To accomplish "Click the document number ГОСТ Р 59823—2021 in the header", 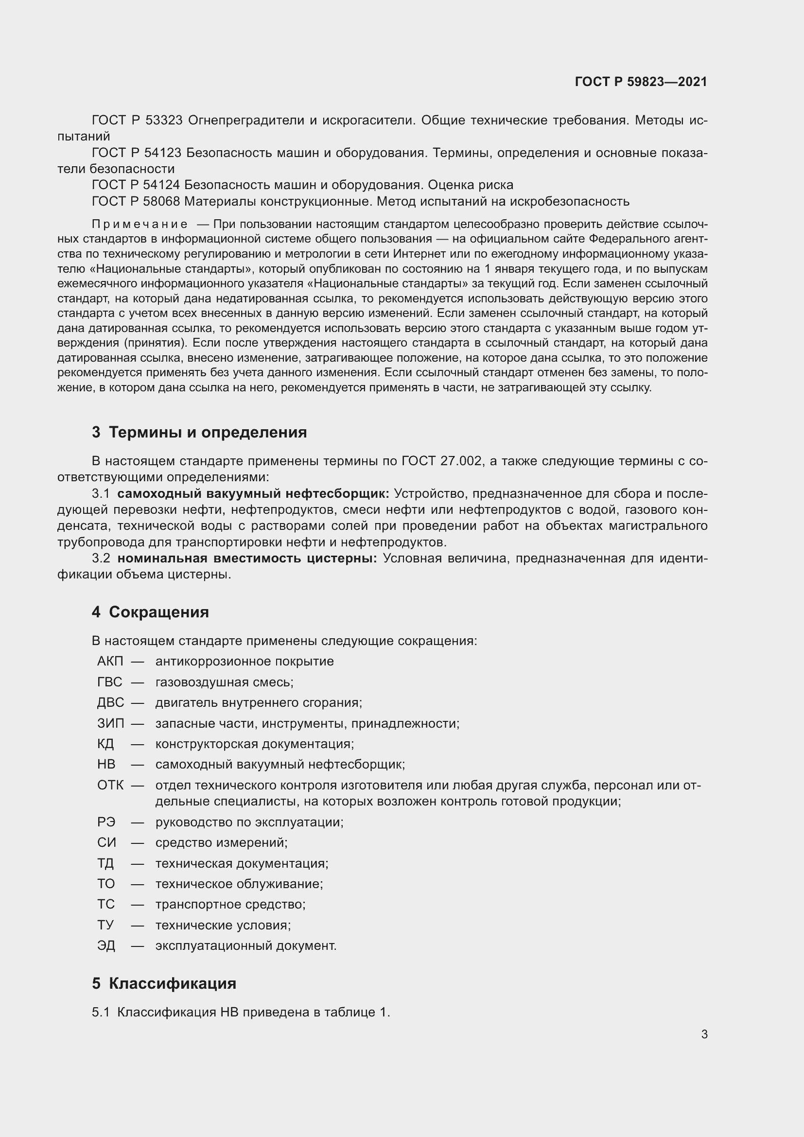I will pyautogui.click(x=641, y=82).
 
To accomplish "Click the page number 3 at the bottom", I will pyautogui.click(x=704, y=1034).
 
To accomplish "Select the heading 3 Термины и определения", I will pyautogui.click(x=199, y=432).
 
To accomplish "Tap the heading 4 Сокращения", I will pyautogui.click(x=150, y=612).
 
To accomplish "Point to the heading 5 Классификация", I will pyautogui.click(x=164, y=983).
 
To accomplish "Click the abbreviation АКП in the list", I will pyautogui.click(x=110, y=662).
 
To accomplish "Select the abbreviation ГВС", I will pyautogui.click(x=109, y=682).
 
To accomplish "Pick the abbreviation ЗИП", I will pyautogui.click(x=110, y=723).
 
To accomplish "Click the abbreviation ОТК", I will pyautogui.click(x=110, y=785).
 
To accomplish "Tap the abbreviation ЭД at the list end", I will pyautogui.click(x=106, y=946).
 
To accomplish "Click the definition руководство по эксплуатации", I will pyautogui.click(x=249, y=822).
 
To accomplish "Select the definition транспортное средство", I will pyautogui.click(x=230, y=905).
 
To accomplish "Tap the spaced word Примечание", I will pyautogui.click(x=140, y=225).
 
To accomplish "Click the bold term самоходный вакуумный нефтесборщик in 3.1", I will pyautogui.click(x=253, y=494).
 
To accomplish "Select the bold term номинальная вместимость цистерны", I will pyautogui.click(x=246, y=559).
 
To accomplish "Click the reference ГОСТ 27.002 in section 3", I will pyautogui.click(x=441, y=461).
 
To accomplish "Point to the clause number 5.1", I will pyautogui.click(x=101, y=1013).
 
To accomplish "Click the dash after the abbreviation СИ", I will pyautogui.click(x=137, y=843).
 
